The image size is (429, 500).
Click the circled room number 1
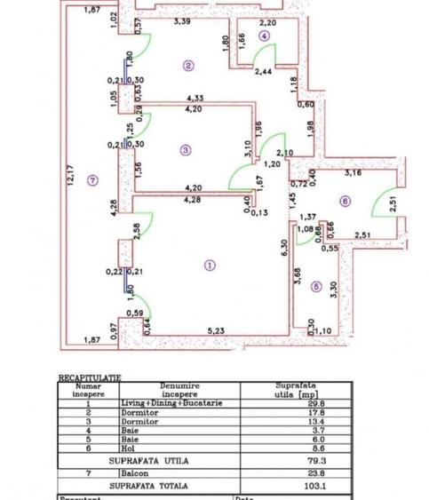click(210, 264)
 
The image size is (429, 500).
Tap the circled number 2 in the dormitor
click(188, 65)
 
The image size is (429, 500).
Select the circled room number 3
click(185, 150)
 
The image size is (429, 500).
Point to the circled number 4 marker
click(264, 36)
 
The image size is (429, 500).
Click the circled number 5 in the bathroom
click(317, 286)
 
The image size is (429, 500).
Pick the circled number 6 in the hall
click(344, 202)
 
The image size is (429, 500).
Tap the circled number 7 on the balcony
click(93, 181)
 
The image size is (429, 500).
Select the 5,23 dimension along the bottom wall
click(216, 332)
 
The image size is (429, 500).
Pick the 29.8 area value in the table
click(289, 401)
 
